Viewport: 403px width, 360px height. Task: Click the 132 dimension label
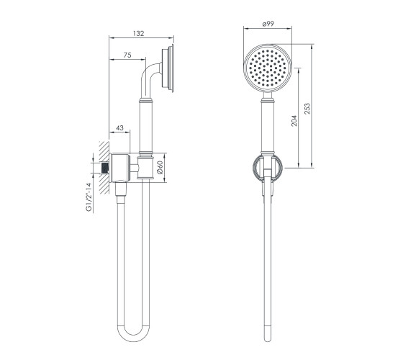pyautogui.click(x=138, y=33)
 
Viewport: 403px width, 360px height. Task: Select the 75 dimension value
pyautogui.click(x=127, y=55)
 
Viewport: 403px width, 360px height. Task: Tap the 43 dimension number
pyautogui.click(x=119, y=128)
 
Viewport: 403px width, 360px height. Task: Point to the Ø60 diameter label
pyautogui.click(x=160, y=167)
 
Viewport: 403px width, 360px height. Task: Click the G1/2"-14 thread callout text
pyautogui.click(x=89, y=197)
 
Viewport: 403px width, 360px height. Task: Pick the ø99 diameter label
pyautogui.click(x=268, y=24)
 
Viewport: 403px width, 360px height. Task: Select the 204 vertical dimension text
pyautogui.click(x=294, y=121)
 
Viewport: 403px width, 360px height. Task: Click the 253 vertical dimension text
pyautogui.click(x=307, y=109)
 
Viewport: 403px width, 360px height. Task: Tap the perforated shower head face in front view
pyautogui.click(x=268, y=68)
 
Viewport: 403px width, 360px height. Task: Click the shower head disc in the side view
pyautogui.click(x=168, y=68)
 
